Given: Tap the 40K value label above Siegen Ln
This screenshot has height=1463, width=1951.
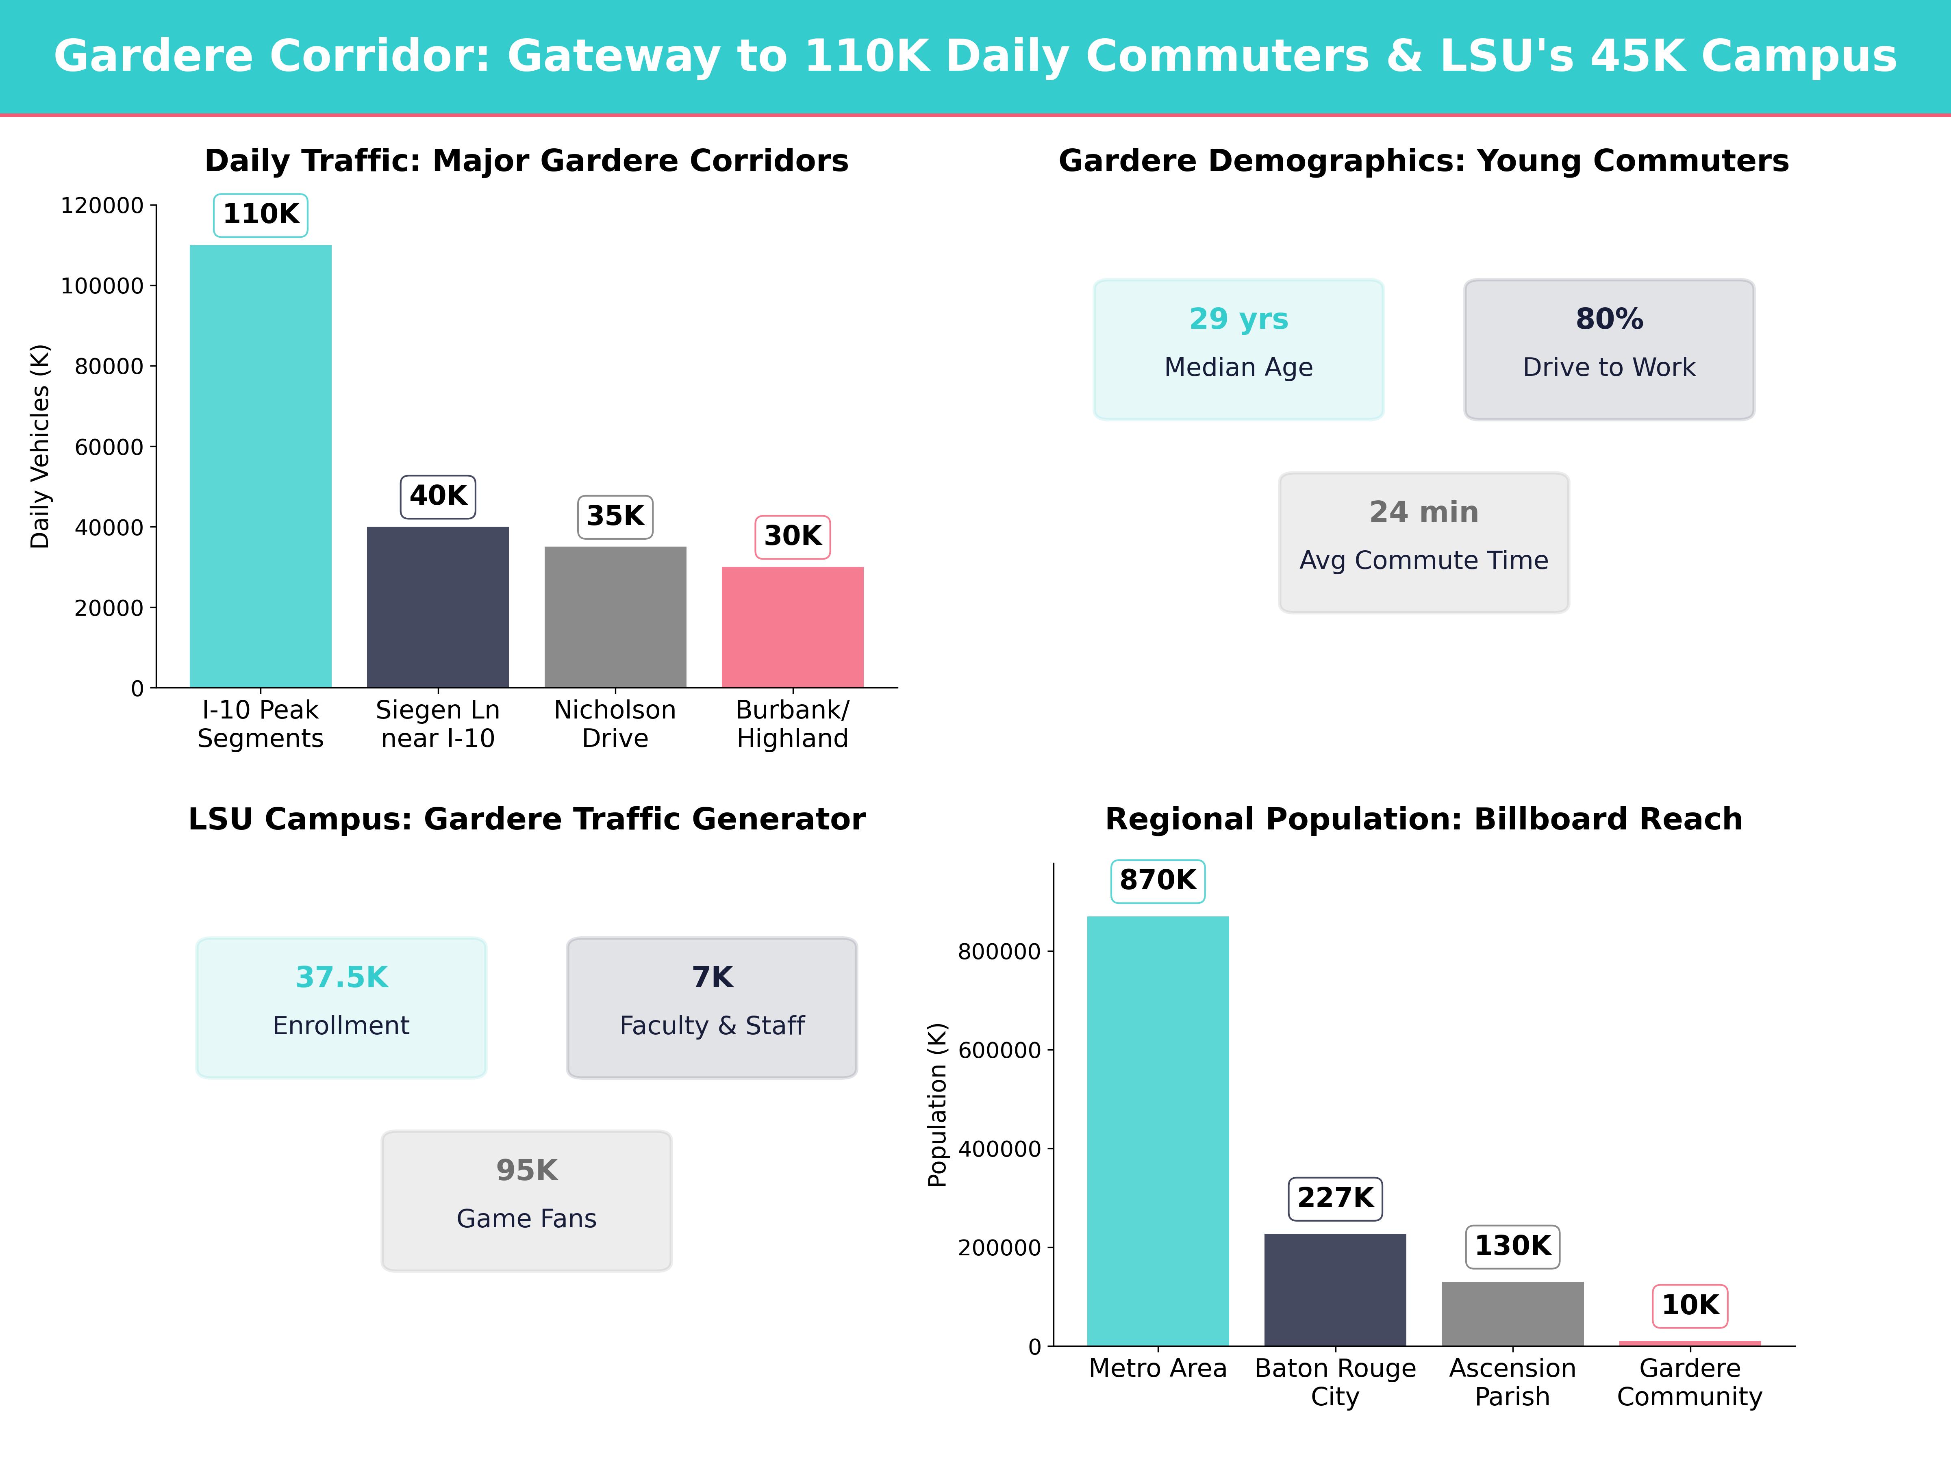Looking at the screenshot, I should coord(438,496).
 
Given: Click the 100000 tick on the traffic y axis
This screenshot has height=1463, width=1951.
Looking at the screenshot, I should coord(102,286).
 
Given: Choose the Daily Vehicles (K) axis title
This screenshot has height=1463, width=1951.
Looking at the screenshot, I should coord(40,446).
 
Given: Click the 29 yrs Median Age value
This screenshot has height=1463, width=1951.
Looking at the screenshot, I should coord(1238,318).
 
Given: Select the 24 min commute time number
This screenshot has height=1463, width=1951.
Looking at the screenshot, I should coord(1423,512).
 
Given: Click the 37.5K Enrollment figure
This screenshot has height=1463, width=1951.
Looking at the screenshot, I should coord(341,977).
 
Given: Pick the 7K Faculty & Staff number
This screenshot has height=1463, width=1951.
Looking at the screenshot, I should coord(712,977).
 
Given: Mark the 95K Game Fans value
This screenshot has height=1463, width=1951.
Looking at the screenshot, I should coord(526,1170).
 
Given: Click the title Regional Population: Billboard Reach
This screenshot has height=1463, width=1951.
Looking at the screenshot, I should coord(1423,819).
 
